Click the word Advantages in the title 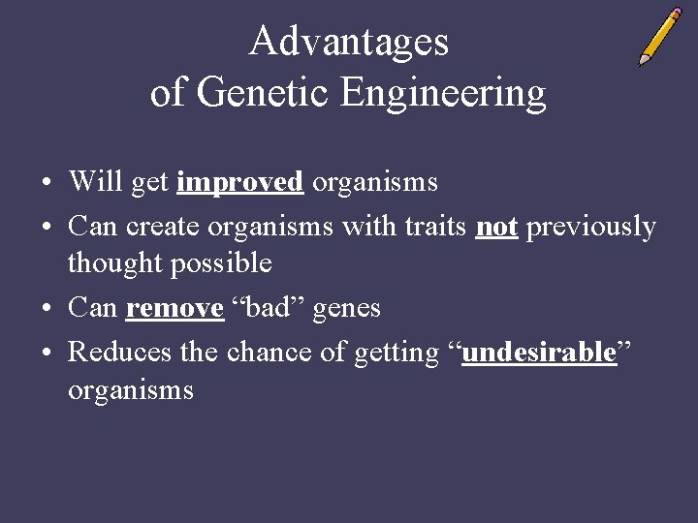pos(348,43)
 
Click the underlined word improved pos(240,182)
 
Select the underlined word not pos(496,227)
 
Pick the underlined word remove pos(174,309)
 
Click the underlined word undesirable pos(539,354)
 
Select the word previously pos(590,228)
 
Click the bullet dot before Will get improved pos(47,183)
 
